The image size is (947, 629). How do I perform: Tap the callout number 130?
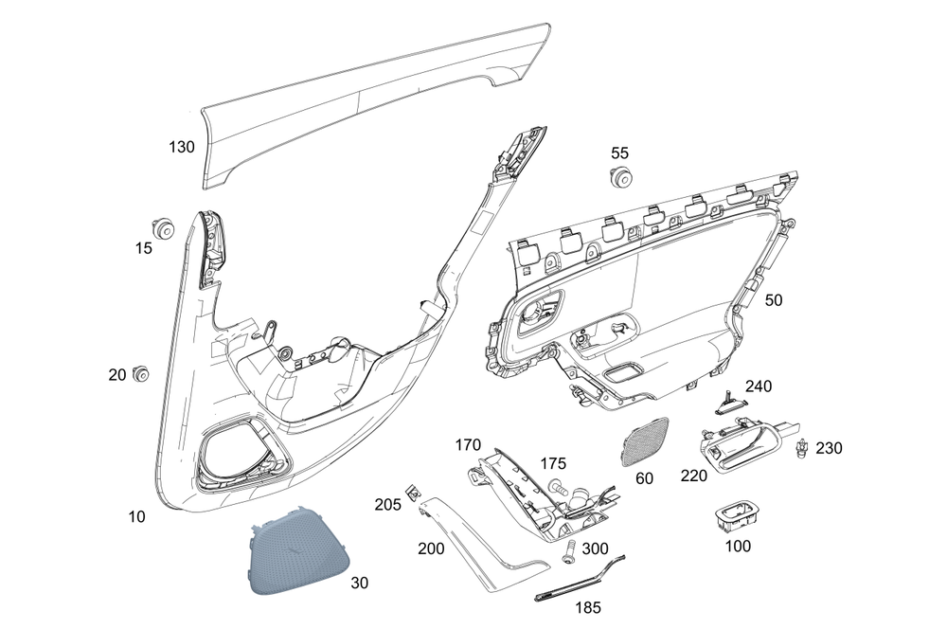(x=181, y=147)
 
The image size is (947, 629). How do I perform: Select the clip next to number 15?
(x=163, y=227)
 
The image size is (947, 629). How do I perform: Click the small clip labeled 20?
(x=141, y=374)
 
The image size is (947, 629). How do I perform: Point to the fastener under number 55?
(x=619, y=178)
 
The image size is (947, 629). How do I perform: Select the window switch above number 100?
(x=735, y=516)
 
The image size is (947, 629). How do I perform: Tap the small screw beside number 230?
(x=801, y=448)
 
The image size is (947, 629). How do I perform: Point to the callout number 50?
(x=773, y=300)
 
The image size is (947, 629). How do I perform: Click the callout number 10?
(x=136, y=516)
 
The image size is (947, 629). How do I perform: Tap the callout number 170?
(x=468, y=445)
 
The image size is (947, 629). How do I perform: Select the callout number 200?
(x=431, y=548)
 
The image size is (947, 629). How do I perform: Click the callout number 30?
(x=359, y=584)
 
